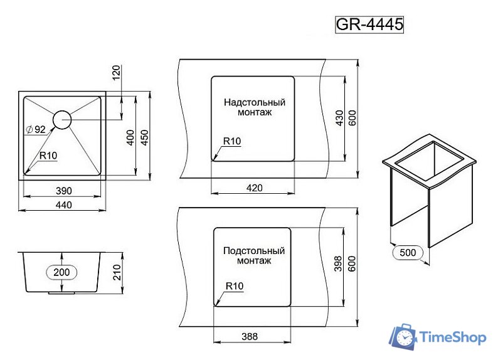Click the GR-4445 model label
pyautogui.click(x=369, y=24)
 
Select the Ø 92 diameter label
pyautogui.click(x=36, y=130)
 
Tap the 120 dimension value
pyautogui.click(x=116, y=73)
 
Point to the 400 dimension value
pyautogui.click(x=130, y=137)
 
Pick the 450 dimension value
pyautogui.click(x=144, y=137)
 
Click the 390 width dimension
pyautogui.click(x=64, y=191)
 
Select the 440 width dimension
pyautogui.click(x=64, y=205)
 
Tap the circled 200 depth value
pyautogui.click(x=61, y=272)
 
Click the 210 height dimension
pyautogui.click(x=117, y=272)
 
